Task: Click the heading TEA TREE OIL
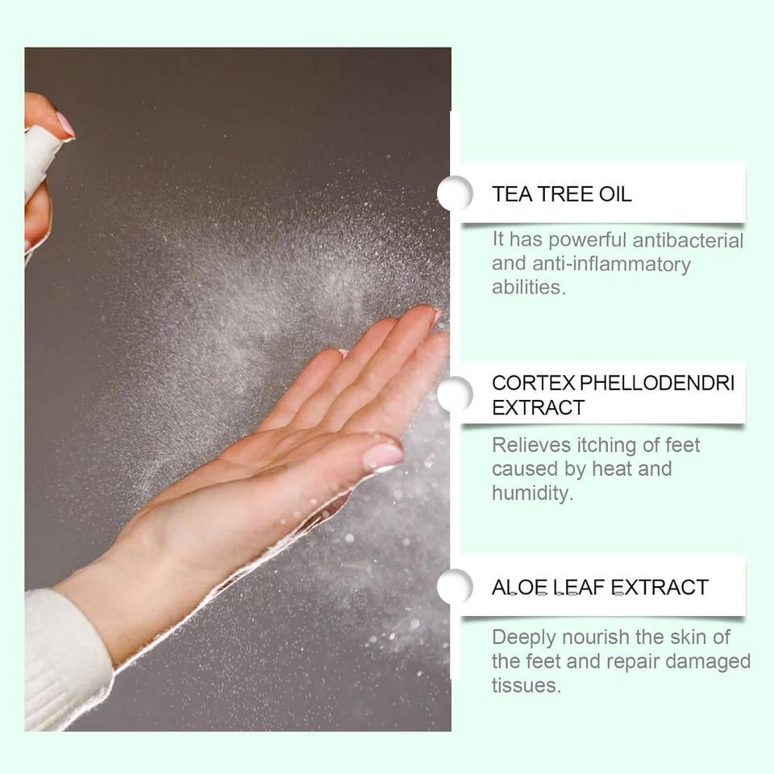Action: [x=562, y=194]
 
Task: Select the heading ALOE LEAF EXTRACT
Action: [x=600, y=588]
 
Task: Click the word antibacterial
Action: [x=688, y=240]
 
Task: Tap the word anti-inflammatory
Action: [x=611, y=264]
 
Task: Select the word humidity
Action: [x=532, y=493]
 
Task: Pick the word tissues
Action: [x=526, y=685]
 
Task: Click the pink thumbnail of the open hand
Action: [x=382, y=456]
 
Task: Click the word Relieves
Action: [x=532, y=445]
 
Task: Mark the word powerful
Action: [x=587, y=240]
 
